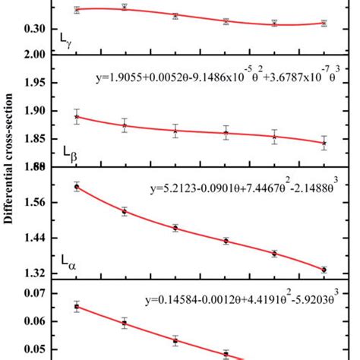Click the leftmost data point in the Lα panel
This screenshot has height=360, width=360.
coord(77,187)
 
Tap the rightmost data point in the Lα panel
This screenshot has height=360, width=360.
coord(324,270)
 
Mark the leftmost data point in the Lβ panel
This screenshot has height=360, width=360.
coord(77,116)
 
